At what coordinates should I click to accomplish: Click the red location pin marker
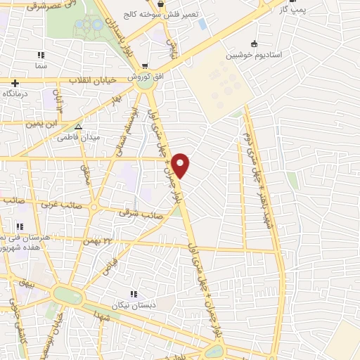point(181,165)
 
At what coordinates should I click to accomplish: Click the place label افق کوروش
point(142,75)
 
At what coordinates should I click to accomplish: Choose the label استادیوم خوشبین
point(253,54)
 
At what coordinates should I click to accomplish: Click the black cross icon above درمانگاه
point(14,82)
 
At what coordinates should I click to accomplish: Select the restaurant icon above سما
point(41,54)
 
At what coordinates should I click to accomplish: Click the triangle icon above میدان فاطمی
point(79,127)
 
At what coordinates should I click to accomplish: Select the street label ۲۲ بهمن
point(98,241)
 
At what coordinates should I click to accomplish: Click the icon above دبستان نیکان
point(133,294)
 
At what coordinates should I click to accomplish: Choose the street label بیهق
point(27,285)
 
